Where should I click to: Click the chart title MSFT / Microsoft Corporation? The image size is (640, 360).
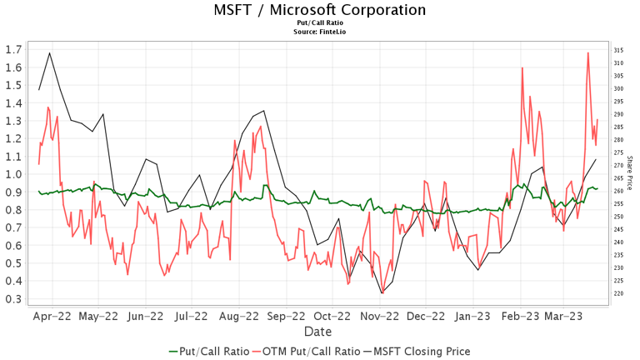pyautogui.click(x=319, y=10)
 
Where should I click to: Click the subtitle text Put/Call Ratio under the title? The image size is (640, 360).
pyautogui.click(x=319, y=23)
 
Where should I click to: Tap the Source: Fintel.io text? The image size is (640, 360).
pyautogui.click(x=319, y=32)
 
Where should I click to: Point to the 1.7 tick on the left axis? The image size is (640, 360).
pyautogui.click(x=12, y=49)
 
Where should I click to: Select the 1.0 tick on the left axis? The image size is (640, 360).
pyautogui.click(x=12, y=174)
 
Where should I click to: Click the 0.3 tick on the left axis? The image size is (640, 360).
pyautogui.click(x=12, y=299)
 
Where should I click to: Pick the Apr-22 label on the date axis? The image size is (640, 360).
pyautogui.click(x=52, y=317)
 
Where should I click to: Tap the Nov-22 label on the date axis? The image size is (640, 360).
pyautogui.click(x=380, y=317)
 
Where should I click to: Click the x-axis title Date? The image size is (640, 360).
pyautogui.click(x=318, y=332)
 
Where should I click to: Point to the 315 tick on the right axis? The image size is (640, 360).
pyautogui.click(x=619, y=51)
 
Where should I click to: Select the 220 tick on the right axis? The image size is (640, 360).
pyautogui.click(x=619, y=293)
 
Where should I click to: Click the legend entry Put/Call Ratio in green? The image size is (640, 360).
pyautogui.click(x=212, y=351)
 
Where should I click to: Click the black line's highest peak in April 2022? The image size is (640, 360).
pyautogui.click(x=50, y=53)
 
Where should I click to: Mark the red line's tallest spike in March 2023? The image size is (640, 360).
pyautogui.click(x=588, y=53)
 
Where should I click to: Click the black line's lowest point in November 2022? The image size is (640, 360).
pyautogui.click(x=382, y=292)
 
